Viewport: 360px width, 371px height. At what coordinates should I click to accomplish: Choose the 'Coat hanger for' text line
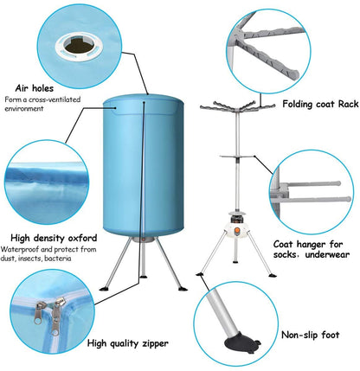[310, 244]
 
